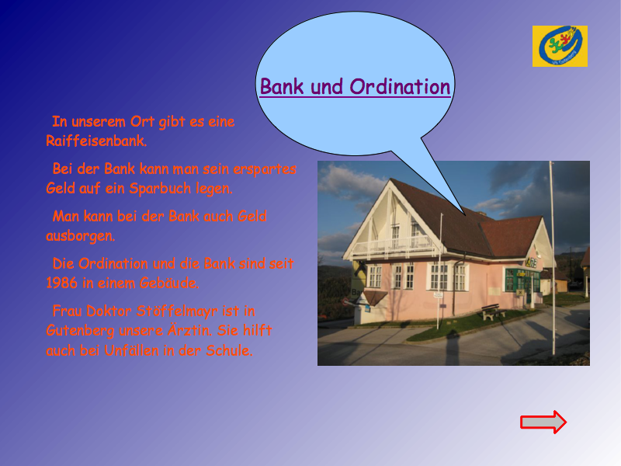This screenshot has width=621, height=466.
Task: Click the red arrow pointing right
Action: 543,422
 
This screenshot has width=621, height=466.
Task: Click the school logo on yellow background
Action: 560,47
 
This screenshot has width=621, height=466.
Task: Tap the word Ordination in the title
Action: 400,86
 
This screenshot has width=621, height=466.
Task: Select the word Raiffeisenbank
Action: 96,141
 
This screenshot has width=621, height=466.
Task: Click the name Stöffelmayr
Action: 177,311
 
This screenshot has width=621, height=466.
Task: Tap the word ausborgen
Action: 81,236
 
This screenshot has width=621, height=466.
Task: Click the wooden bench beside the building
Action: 493,311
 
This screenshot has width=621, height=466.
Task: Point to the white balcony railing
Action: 392,245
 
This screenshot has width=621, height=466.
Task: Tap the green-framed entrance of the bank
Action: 522,284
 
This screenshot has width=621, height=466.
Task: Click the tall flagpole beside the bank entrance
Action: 552,258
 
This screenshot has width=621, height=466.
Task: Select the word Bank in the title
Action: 282,86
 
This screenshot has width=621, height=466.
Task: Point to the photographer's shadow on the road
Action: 453,348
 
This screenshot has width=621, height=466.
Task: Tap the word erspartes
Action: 265,169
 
